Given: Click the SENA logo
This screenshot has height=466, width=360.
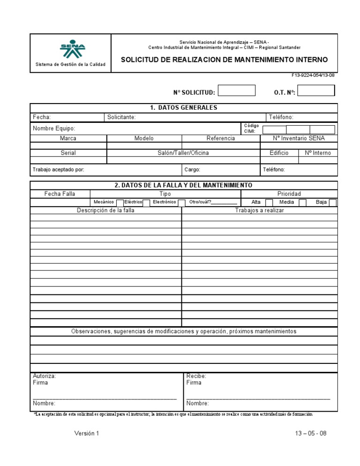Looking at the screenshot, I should pos(72,48).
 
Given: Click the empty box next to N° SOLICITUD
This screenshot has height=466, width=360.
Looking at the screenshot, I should pos(237,90).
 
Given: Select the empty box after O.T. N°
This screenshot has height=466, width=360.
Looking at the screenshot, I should pos(316,90).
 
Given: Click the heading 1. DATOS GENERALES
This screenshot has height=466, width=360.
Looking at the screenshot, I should pos(184,108).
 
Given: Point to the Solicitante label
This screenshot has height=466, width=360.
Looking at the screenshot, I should pos(121,117).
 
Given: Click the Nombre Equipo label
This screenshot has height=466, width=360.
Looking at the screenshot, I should pos(54,128).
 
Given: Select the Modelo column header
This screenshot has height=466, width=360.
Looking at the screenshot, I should pos(144,139).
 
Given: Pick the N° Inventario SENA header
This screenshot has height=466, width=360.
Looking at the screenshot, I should pos(299,139).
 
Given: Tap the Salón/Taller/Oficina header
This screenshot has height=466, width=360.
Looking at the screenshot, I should pos(183,153).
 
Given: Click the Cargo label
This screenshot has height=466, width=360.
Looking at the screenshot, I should pos(192,170).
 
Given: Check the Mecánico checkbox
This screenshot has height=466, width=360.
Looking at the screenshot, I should pos(120,203).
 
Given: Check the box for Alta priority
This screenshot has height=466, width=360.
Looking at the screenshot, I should pos(269,203).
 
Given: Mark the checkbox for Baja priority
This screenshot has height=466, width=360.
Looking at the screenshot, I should pos(332,203).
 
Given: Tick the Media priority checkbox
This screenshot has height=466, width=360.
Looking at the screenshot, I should pos(302,203).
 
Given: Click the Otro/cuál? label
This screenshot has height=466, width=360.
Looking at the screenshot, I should pos(200,202).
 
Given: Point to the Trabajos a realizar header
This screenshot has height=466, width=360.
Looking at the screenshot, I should pos(259,210).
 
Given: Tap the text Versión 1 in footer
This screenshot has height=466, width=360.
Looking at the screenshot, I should pos(87,434).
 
